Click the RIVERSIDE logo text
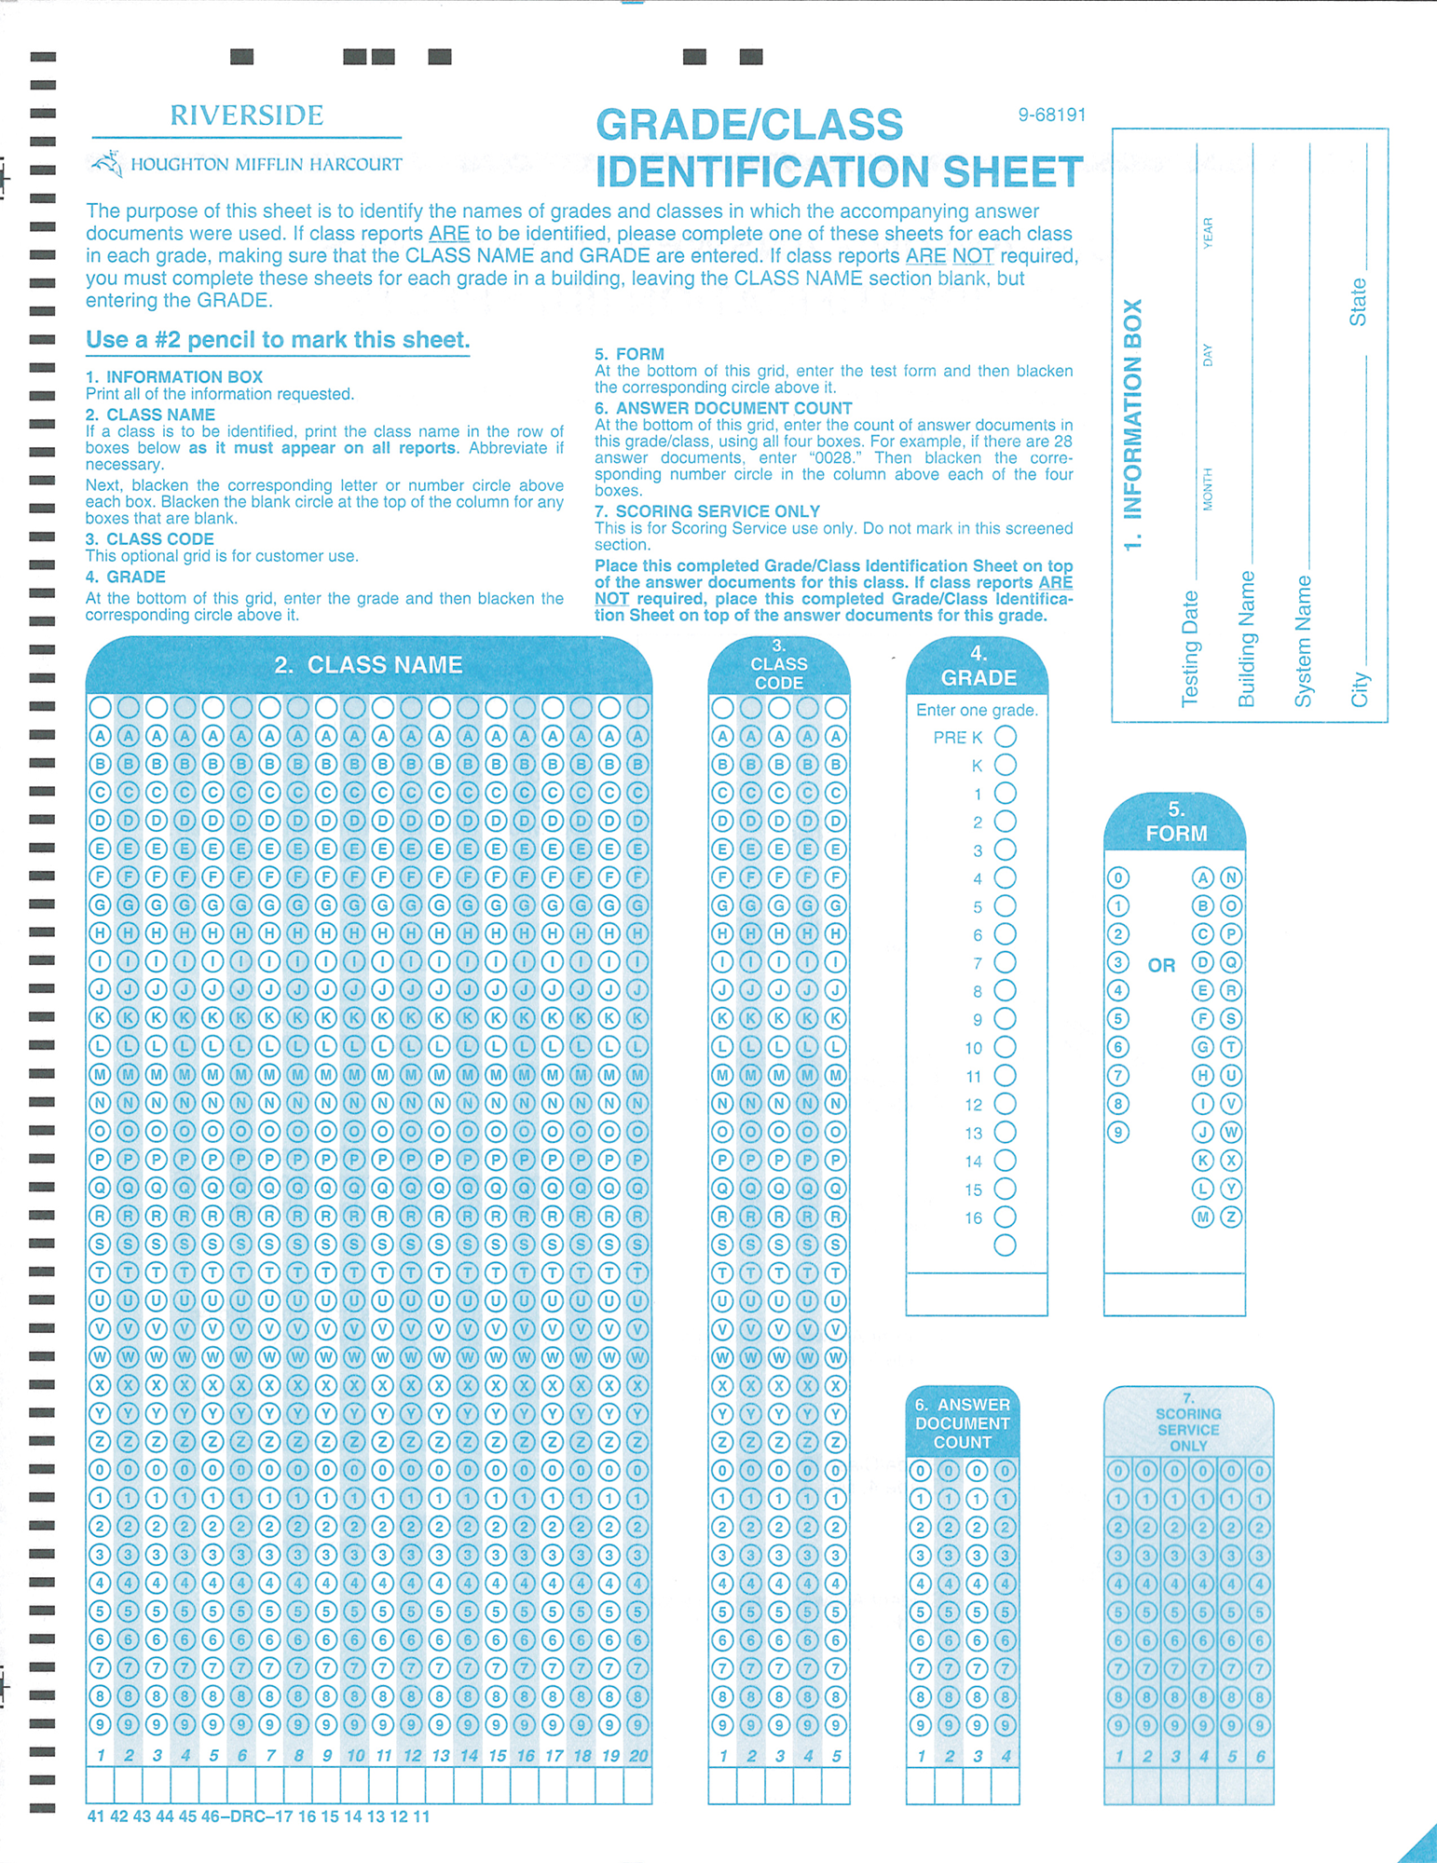point(247,116)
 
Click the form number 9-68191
point(1051,116)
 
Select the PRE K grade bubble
point(1005,737)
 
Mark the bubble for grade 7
point(1005,963)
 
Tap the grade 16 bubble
point(1005,1217)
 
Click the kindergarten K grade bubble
point(1005,766)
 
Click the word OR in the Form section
point(1161,966)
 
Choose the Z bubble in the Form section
point(1231,1217)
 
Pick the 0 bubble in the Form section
point(1118,878)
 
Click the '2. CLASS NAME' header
point(368,665)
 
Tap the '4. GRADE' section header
point(978,666)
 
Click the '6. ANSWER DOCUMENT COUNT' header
point(962,1423)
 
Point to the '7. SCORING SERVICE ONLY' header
point(1188,1422)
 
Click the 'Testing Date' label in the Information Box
point(1190,648)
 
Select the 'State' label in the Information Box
point(1358,302)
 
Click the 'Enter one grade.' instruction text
point(977,711)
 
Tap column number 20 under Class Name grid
point(637,1756)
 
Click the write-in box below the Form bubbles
point(1174,1294)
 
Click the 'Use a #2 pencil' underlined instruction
point(278,341)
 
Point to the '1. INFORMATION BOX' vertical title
point(1132,425)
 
